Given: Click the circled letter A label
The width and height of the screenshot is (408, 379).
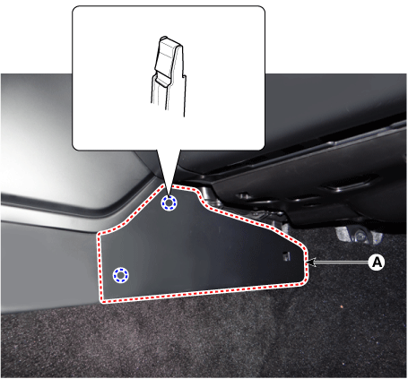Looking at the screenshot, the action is [x=377, y=263].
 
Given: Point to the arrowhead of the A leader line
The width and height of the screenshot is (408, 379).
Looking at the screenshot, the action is [x=311, y=263].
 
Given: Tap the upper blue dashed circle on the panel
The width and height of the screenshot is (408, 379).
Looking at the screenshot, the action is [x=169, y=203].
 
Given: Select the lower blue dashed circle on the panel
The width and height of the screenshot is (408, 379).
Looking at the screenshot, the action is [x=120, y=275].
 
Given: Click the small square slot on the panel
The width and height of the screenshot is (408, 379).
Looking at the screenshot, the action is [x=286, y=256].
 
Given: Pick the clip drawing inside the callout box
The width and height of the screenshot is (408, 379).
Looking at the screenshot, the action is [x=169, y=76].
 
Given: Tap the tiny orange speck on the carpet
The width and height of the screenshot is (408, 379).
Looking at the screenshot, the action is [x=341, y=306].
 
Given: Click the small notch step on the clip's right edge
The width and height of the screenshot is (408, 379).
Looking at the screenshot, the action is [x=185, y=76].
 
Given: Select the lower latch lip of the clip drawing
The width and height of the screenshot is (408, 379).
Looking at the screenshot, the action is [x=161, y=80].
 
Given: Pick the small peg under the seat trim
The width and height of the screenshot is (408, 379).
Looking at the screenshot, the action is [x=244, y=196].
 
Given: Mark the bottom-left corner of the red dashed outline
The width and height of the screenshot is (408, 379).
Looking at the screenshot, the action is [x=102, y=302].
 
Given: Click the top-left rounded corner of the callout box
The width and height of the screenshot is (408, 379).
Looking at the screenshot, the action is [x=76, y=10].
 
